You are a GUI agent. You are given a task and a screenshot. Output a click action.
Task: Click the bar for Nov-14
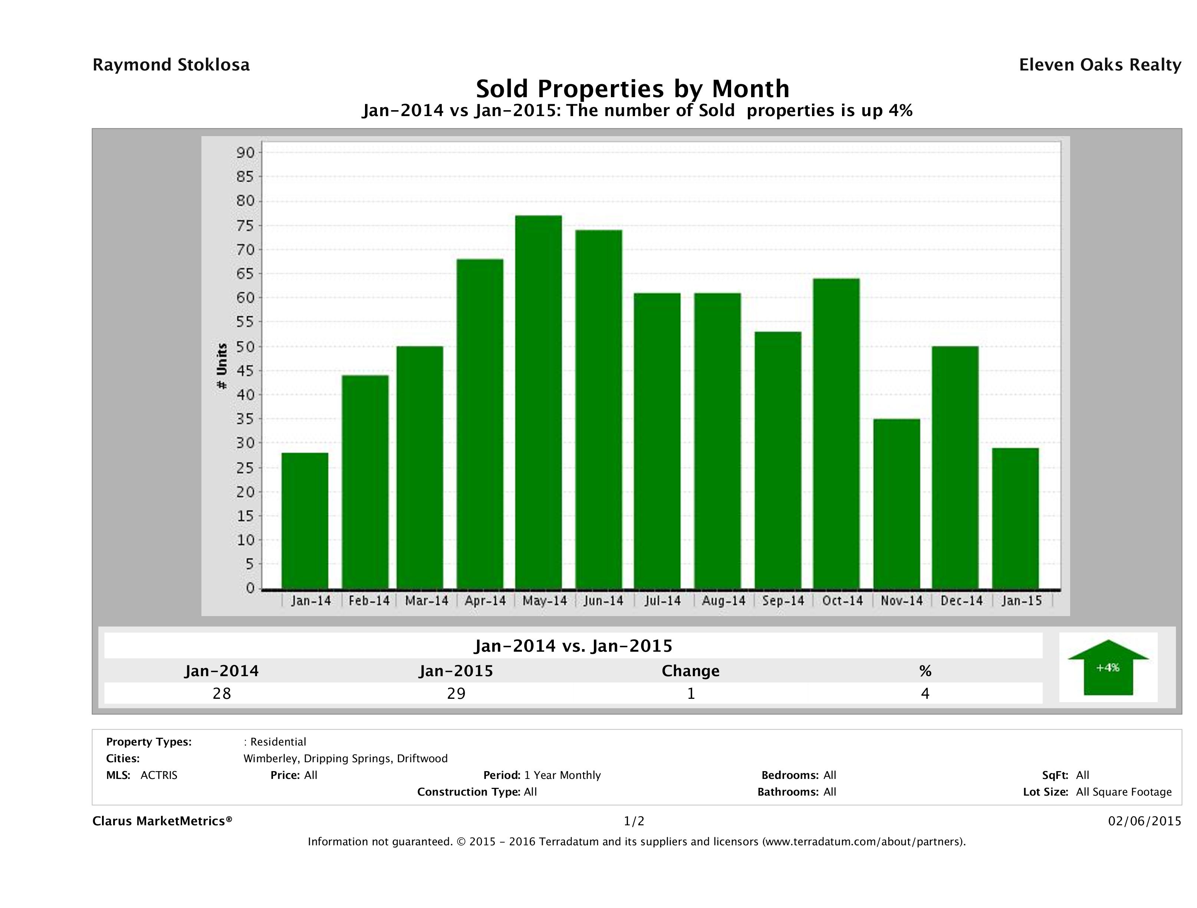pos(896,504)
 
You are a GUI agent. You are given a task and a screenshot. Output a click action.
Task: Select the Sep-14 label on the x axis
pos(783,601)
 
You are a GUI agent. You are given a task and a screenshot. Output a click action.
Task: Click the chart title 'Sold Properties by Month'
pos(632,88)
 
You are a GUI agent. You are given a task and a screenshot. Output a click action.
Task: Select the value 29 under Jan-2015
pos(456,693)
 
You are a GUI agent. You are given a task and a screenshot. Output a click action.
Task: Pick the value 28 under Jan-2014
pos(222,693)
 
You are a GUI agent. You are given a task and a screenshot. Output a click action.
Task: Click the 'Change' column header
pos(691,671)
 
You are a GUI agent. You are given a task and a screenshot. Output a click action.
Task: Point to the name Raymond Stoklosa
pos(171,65)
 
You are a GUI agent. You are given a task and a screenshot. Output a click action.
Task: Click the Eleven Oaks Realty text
pos(1099,65)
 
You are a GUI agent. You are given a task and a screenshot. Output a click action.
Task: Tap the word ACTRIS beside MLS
pos(158,775)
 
